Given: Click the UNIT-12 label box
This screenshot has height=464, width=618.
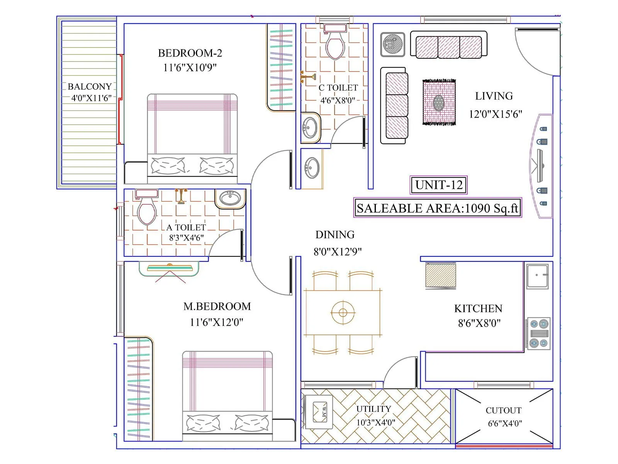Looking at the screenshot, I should [x=438, y=185].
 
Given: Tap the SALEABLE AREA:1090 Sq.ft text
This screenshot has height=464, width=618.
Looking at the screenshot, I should [x=437, y=208].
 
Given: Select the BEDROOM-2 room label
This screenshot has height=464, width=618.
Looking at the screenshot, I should [x=190, y=53].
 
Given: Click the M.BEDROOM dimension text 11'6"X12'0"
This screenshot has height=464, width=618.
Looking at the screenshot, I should [x=216, y=322].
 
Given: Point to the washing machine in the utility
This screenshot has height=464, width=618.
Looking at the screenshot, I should [x=319, y=412].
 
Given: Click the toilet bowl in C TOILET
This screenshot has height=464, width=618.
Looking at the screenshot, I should [x=335, y=45].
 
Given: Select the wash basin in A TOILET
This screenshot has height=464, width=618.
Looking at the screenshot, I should [x=230, y=198].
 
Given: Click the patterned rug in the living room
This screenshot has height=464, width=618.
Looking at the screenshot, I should [x=439, y=102].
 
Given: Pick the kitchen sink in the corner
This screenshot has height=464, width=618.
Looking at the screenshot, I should [x=537, y=276].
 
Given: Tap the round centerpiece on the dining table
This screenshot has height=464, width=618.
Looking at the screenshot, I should [x=343, y=312].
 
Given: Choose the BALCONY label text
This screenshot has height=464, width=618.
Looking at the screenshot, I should [x=90, y=87].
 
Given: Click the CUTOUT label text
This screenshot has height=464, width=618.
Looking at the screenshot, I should [x=503, y=410].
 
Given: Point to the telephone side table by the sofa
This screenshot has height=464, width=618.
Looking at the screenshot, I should [x=392, y=44].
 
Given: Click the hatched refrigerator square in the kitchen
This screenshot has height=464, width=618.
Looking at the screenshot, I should [x=440, y=275].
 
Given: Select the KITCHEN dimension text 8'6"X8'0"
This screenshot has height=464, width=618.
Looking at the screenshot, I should [x=479, y=323].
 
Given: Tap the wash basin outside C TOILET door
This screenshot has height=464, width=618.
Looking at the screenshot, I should [x=311, y=168].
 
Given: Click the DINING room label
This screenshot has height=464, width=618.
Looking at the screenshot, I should [x=335, y=235].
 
